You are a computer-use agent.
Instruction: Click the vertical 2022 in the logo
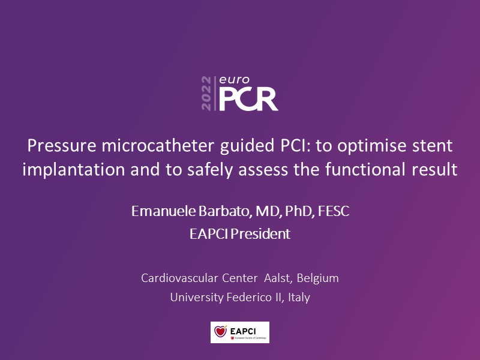pos(206,94)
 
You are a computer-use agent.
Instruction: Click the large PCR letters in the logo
pos(248,99)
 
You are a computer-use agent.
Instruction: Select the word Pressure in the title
pos(62,146)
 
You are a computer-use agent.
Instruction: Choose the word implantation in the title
pos(74,170)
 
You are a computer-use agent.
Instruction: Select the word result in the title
pos(434,169)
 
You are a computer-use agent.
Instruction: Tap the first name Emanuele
pos(163,211)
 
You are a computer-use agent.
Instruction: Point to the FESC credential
pos(334,211)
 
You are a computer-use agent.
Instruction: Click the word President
pos(260,234)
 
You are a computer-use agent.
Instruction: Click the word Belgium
pos(318,278)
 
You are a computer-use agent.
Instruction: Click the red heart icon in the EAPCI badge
pos(220,331)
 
